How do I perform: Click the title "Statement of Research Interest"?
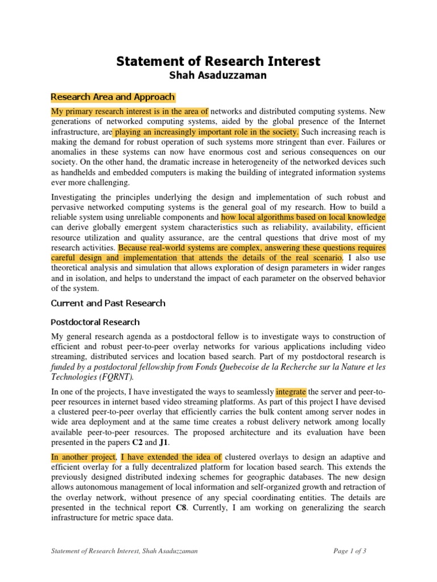point(218,61)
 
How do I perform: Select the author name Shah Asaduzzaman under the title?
point(218,76)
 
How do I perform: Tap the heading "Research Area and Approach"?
point(113,97)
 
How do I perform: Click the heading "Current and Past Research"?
point(108,303)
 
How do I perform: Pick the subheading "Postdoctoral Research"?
point(95,322)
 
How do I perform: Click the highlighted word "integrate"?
point(291,392)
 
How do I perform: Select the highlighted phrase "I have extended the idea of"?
point(171,456)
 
